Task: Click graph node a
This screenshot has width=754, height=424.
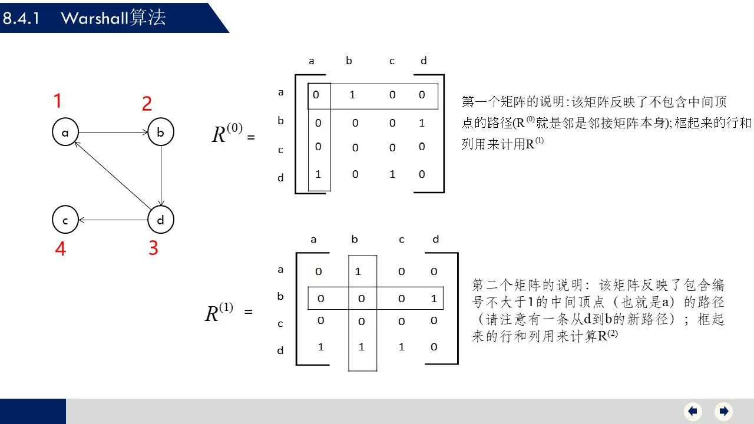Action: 65,132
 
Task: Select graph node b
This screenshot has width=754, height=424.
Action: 160,132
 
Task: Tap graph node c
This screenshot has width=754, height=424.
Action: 65,220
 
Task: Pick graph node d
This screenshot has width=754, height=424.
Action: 160,220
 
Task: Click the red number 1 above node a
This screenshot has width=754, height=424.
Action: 58,101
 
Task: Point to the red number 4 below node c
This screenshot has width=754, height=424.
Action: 60,249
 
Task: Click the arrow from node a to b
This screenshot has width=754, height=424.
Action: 113,132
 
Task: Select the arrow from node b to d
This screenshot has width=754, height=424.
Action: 160,175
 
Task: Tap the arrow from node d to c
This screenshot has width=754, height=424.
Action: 113,220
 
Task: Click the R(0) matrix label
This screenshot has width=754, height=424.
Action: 227,134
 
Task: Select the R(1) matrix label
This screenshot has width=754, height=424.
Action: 219,312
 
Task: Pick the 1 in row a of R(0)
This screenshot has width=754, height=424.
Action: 352,94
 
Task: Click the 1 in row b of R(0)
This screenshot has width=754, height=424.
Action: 422,123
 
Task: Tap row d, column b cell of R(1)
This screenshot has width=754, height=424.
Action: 362,347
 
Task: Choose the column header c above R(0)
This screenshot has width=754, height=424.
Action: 392,61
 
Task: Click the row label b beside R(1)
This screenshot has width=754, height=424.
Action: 280,296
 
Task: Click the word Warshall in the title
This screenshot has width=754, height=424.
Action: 94,18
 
